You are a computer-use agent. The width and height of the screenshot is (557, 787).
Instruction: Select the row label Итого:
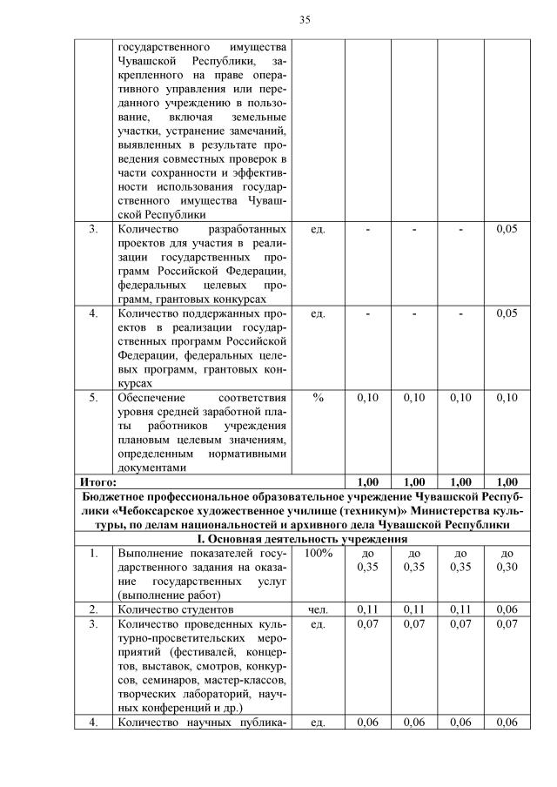pyautogui.click(x=97, y=481)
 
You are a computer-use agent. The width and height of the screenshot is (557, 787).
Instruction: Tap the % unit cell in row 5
pyautogui.click(x=318, y=397)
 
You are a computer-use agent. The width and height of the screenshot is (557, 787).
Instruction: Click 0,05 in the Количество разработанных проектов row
pyautogui.click(x=506, y=229)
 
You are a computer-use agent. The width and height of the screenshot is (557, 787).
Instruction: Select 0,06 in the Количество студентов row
pyautogui.click(x=506, y=609)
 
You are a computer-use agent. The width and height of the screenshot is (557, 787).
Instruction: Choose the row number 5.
pyautogui.click(x=93, y=397)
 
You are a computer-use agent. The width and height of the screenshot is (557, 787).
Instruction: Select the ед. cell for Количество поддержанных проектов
pyautogui.click(x=318, y=313)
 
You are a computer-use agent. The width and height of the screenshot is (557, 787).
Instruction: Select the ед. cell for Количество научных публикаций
pyautogui.click(x=318, y=722)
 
